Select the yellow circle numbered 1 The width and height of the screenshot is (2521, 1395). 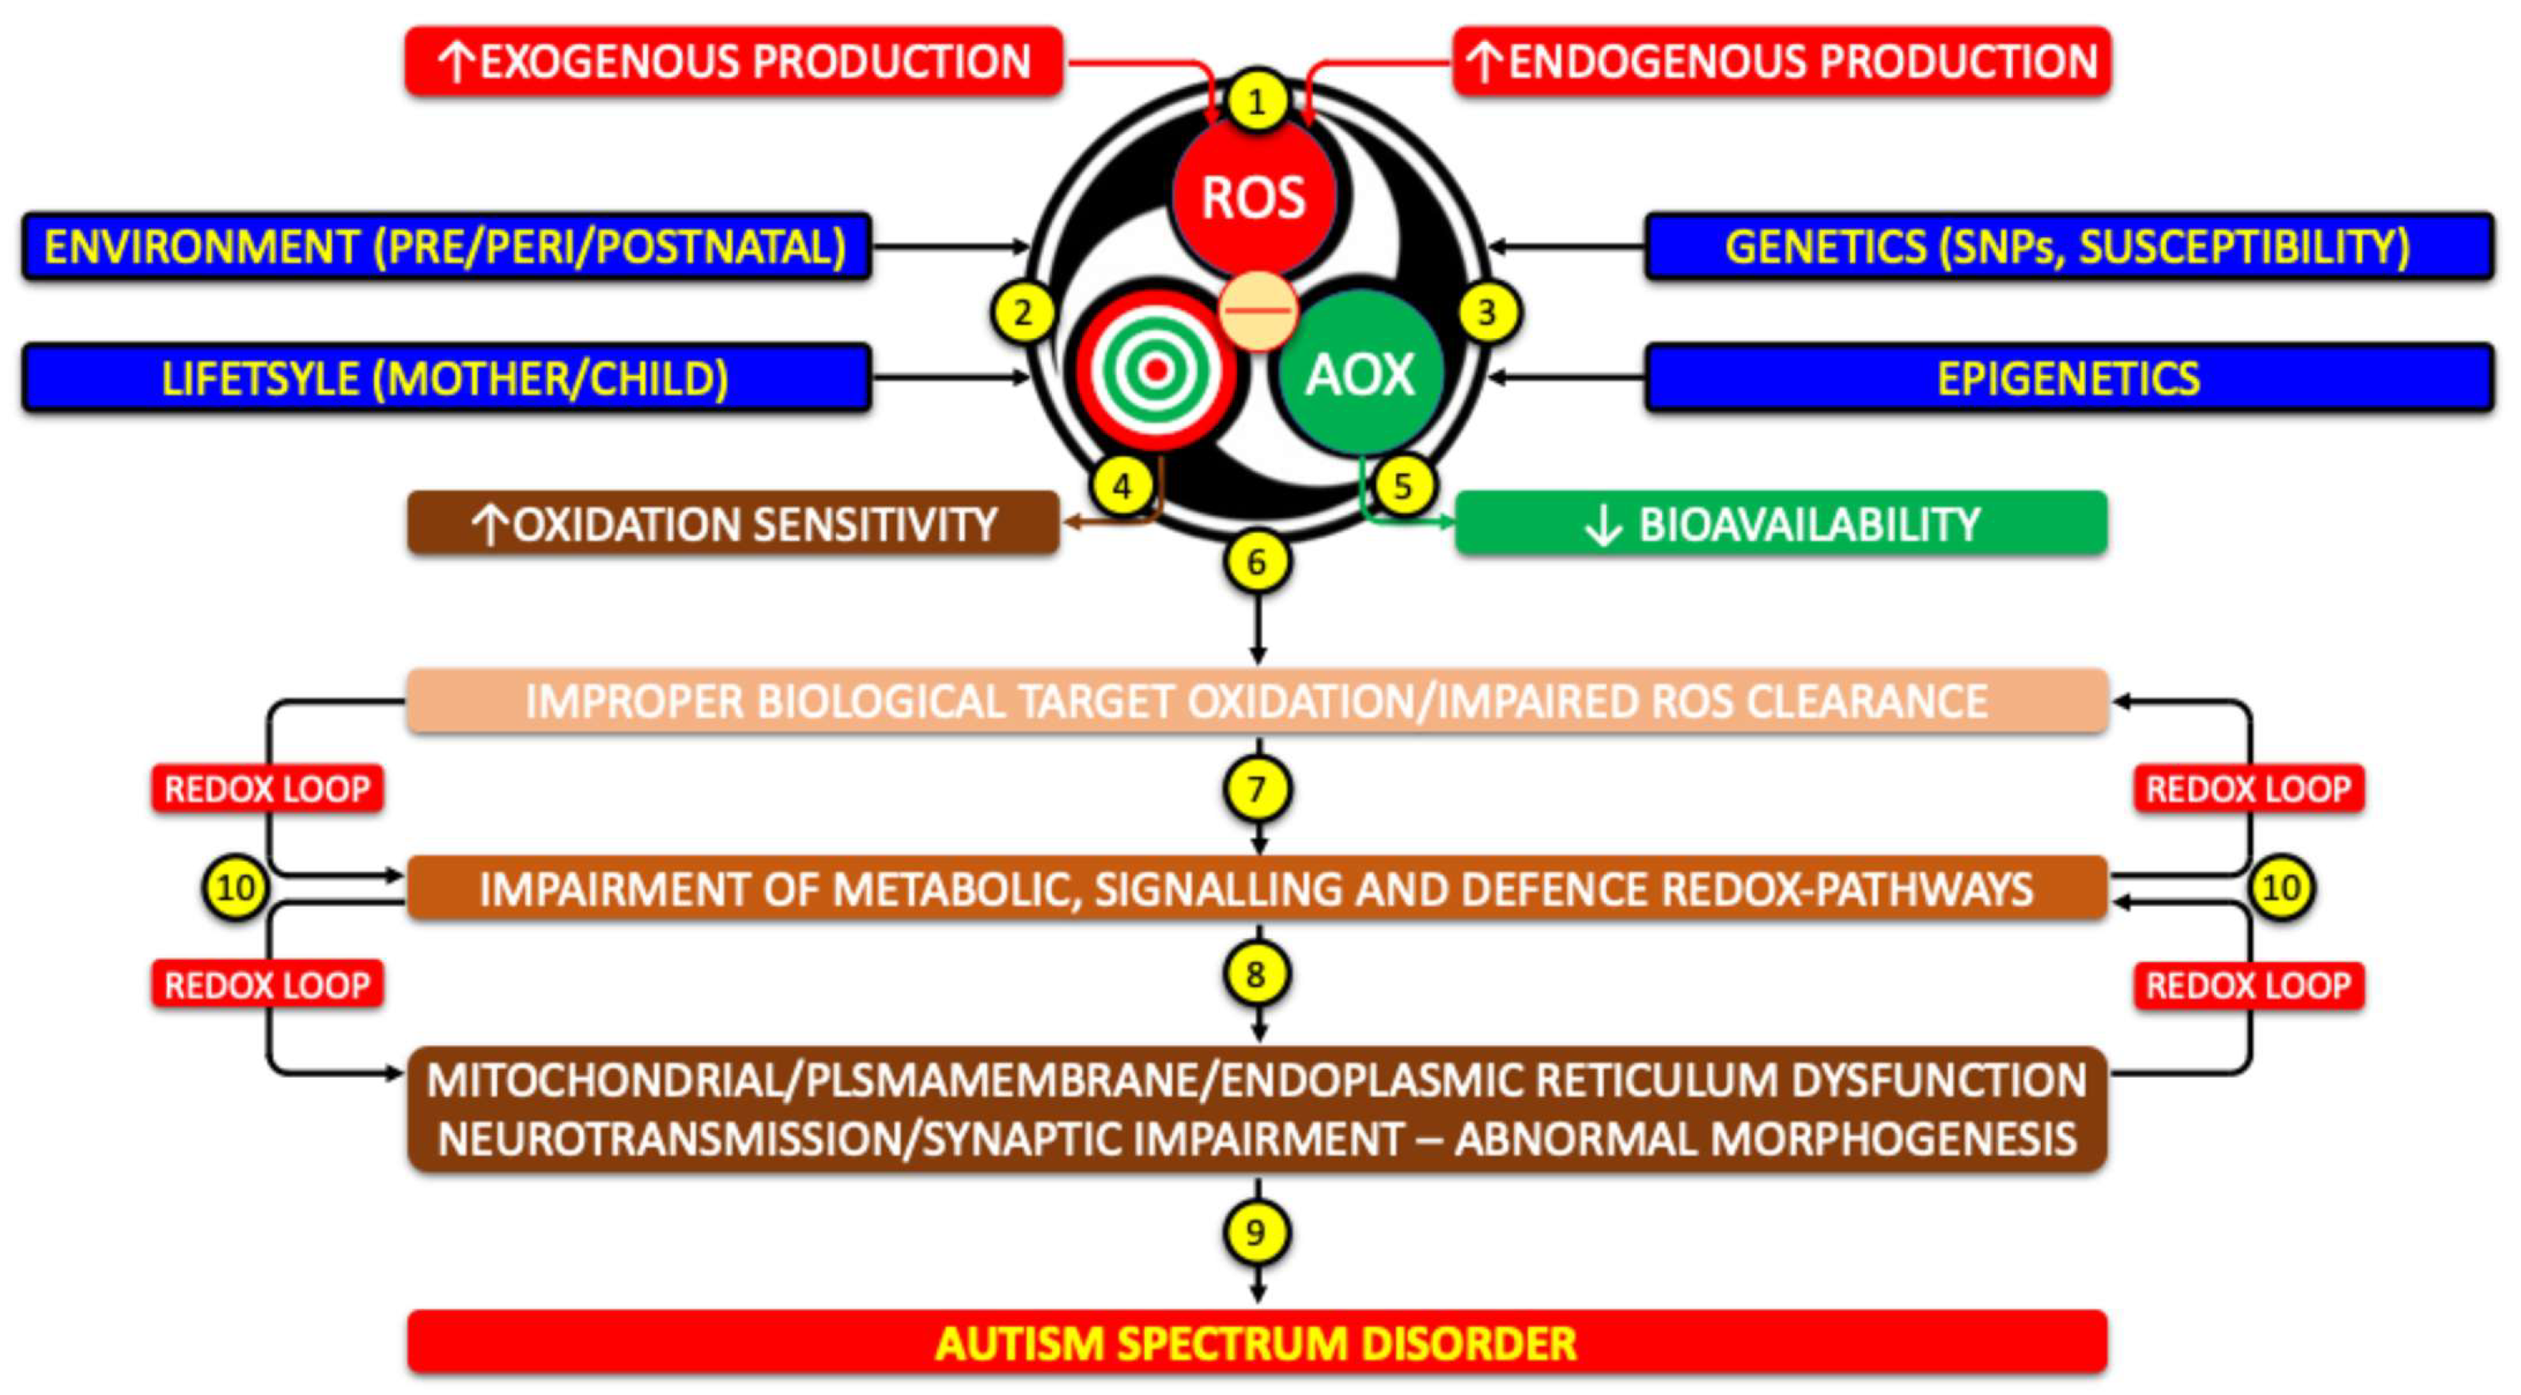tap(1258, 100)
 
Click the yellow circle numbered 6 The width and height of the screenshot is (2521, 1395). tap(1258, 562)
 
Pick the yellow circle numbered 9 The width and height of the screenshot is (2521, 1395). tap(1258, 1231)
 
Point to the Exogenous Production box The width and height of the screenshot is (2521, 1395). tap(734, 61)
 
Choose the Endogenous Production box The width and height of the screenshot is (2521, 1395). tap(1781, 61)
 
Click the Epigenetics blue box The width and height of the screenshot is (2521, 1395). tap(2069, 378)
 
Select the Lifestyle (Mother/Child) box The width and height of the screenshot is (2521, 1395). tap(446, 378)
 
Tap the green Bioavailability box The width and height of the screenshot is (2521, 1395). tap(1781, 524)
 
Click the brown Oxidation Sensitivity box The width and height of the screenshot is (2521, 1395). tap(734, 524)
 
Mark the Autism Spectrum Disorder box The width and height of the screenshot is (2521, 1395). tap(1258, 1342)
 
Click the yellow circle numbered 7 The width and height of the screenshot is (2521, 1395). tap(1258, 788)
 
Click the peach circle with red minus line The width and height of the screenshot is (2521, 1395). tap(1259, 310)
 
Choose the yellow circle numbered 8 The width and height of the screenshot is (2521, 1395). tap(1258, 974)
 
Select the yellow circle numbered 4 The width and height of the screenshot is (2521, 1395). tap(1122, 486)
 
